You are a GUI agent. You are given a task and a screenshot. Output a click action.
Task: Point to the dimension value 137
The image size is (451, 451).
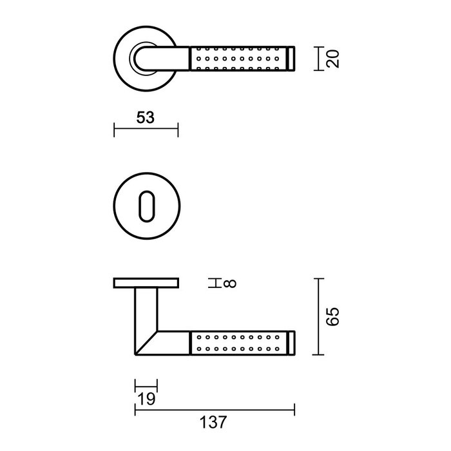(214, 423)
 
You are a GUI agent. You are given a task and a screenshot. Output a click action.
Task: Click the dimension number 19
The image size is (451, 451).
(146, 400)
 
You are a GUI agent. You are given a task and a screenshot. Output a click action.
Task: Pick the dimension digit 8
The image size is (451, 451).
(232, 283)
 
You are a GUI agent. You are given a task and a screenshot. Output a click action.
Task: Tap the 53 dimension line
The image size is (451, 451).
(146, 130)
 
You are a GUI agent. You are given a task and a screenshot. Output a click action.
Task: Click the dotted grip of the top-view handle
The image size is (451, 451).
(239, 59)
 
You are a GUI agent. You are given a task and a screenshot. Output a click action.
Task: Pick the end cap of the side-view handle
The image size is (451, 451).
(292, 342)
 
